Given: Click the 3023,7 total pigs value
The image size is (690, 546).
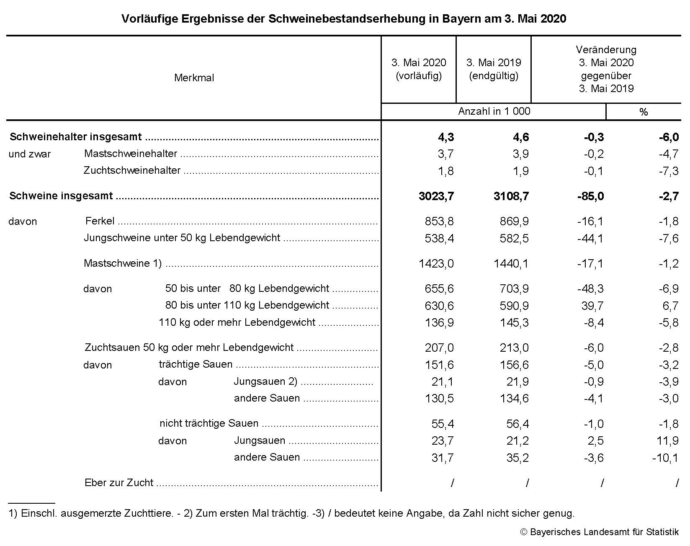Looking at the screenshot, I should [x=436, y=196].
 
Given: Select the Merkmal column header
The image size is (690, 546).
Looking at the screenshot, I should [x=194, y=78].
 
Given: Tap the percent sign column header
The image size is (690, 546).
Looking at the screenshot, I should [x=644, y=112].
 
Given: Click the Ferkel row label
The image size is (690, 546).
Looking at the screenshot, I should [x=100, y=221].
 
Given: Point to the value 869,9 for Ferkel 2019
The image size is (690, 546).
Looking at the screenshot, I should [x=514, y=221].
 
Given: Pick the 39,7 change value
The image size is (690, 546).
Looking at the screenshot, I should [x=592, y=306].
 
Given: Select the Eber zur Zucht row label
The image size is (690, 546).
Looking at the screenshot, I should [x=119, y=483].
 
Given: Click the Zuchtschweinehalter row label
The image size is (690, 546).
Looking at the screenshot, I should [x=132, y=171].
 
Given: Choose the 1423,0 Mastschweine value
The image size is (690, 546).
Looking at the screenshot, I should [x=436, y=264].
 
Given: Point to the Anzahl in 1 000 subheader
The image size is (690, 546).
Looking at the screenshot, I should [x=494, y=111].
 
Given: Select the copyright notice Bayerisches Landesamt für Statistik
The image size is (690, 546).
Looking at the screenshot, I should [x=599, y=532].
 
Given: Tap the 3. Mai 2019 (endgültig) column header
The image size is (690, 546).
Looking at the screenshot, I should [x=494, y=69].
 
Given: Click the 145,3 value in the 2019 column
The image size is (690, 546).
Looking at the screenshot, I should [x=514, y=323].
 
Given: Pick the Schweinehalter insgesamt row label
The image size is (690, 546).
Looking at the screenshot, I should [x=76, y=137].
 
